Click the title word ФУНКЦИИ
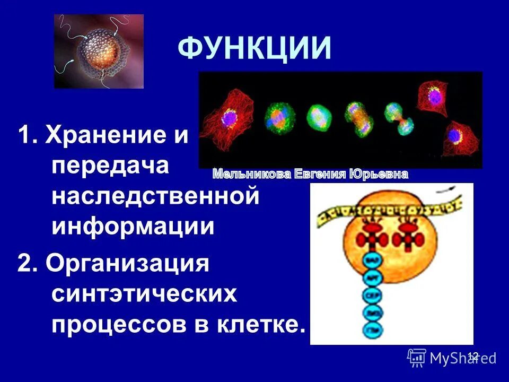[x=254, y=49]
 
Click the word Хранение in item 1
[x=117, y=136]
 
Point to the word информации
[x=133, y=227]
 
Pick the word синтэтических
[x=144, y=294]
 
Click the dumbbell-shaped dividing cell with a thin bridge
[x=398, y=118]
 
